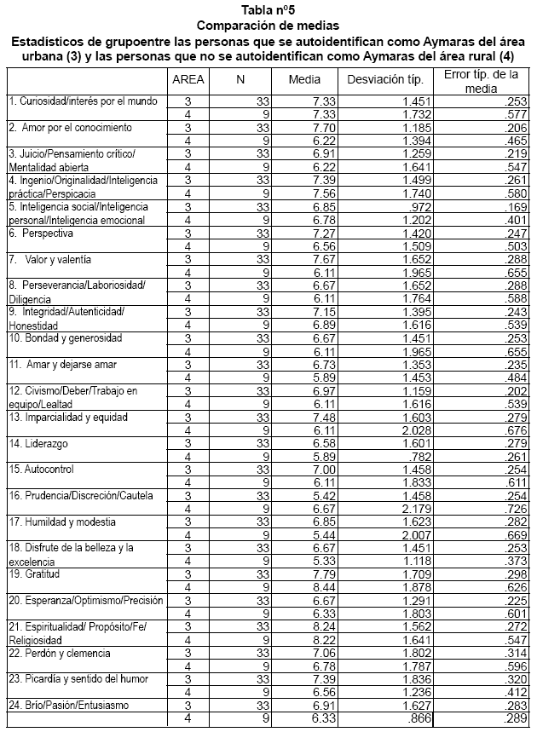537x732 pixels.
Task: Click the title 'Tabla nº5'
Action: [268, 9]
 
